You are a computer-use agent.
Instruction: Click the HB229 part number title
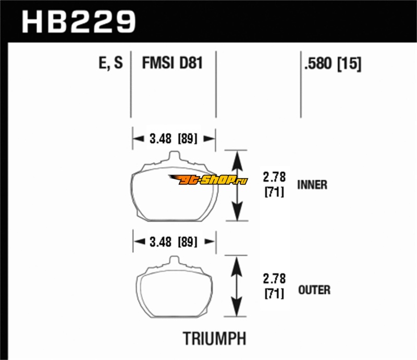(79, 21)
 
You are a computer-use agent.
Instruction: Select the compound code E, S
(111, 63)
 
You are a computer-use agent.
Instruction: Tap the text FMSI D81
(173, 63)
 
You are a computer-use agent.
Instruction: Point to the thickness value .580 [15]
(333, 64)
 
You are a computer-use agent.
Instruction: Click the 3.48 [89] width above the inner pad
(174, 139)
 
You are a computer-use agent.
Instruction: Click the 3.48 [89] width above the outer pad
(174, 242)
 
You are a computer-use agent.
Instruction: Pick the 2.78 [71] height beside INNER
(275, 184)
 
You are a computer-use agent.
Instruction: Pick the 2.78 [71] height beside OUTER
(275, 286)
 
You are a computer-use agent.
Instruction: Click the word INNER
(312, 185)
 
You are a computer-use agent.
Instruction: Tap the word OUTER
(314, 290)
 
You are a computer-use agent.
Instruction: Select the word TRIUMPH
(214, 339)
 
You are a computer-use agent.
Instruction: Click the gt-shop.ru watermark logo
(208, 180)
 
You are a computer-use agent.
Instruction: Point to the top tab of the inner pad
(174, 156)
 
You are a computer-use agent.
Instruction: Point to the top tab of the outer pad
(174, 260)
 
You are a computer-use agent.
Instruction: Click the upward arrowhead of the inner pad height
(237, 161)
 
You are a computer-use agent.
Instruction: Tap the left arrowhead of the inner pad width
(138, 139)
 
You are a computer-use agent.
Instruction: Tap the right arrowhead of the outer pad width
(210, 241)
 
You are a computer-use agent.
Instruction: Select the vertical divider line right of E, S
(131, 84)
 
